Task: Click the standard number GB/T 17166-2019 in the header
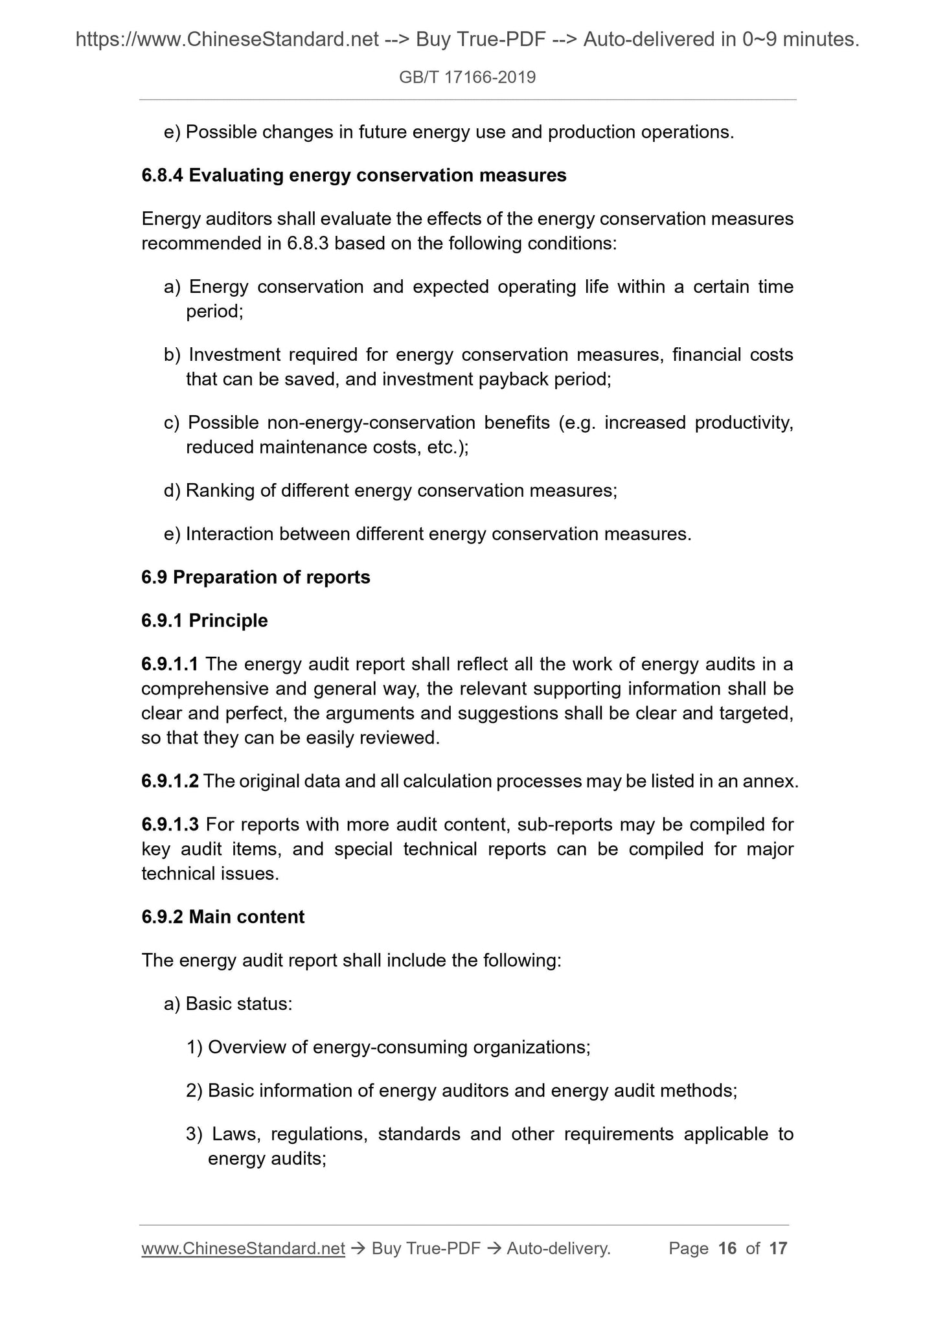pos(467,78)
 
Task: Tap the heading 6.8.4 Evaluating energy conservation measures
pos(354,176)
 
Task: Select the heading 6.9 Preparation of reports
pos(255,577)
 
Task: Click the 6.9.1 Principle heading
pos(204,621)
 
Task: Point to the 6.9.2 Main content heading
pos(222,917)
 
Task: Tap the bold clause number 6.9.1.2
pos(170,781)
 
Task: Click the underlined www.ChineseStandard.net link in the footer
pos(243,1248)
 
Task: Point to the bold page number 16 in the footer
pos(727,1248)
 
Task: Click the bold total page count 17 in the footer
pos(778,1248)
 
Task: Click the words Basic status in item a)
pos(238,1004)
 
